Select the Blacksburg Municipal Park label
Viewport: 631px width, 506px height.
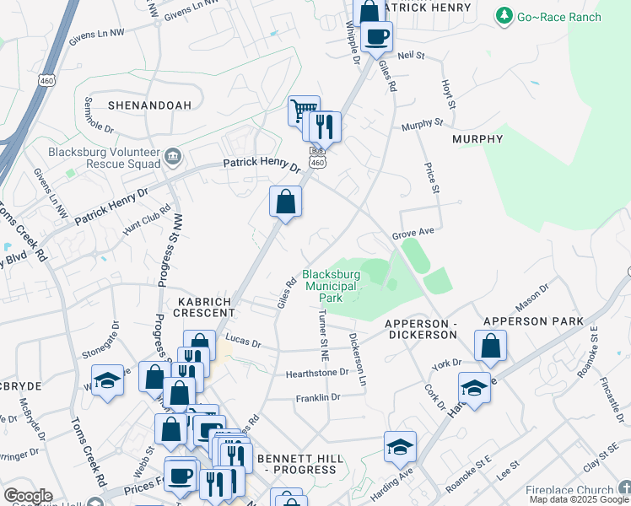point(332,286)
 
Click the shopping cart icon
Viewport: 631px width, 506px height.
point(302,110)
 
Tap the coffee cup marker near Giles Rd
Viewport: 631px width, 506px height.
point(377,37)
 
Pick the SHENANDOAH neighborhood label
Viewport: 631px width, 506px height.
point(149,105)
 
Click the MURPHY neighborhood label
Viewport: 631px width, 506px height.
point(478,138)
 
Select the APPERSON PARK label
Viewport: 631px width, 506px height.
point(533,322)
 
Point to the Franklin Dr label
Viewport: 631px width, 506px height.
point(317,397)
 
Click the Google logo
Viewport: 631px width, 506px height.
point(28,497)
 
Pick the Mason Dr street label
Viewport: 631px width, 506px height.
point(532,295)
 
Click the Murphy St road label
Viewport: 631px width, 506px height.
point(422,123)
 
